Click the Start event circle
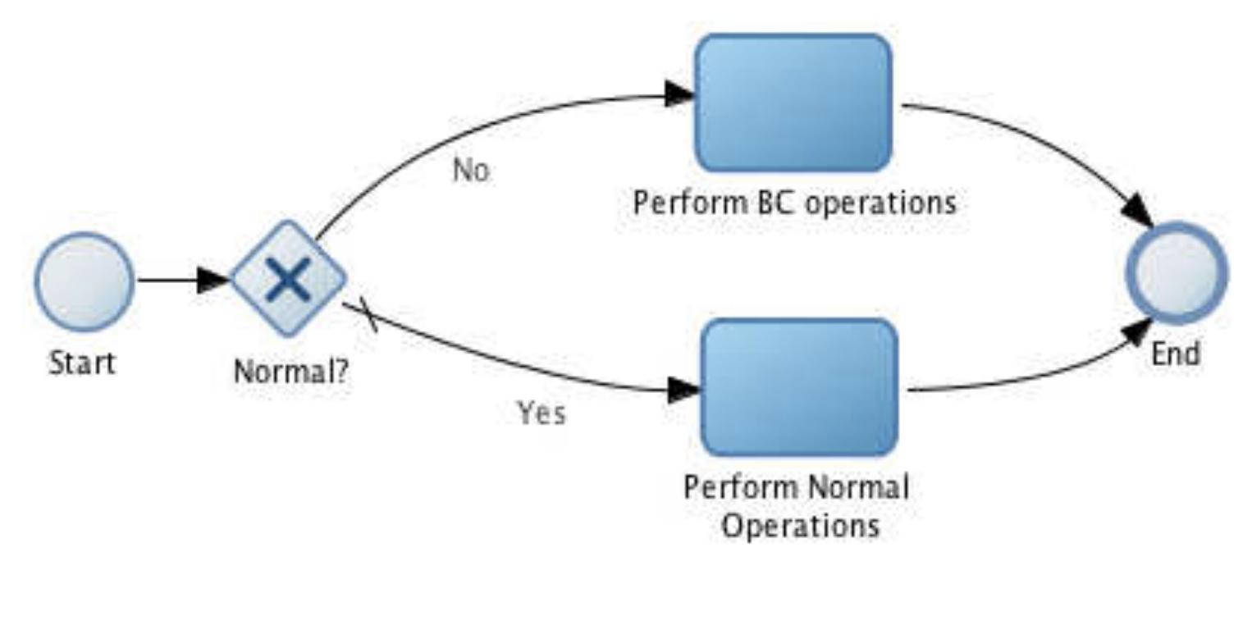coord(84,281)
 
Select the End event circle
coord(1177,273)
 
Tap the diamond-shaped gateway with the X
coord(288,279)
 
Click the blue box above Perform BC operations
coord(793,103)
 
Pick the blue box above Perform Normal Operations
coord(799,387)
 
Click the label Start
coord(82,363)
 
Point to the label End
coord(1176,354)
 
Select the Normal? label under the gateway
coord(290,372)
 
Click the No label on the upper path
coord(471,171)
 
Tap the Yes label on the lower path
coord(541,413)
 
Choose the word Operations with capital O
coord(799,525)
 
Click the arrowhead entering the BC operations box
coord(680,94)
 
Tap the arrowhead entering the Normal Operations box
coord(684,390)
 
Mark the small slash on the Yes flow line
coord(368,317)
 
